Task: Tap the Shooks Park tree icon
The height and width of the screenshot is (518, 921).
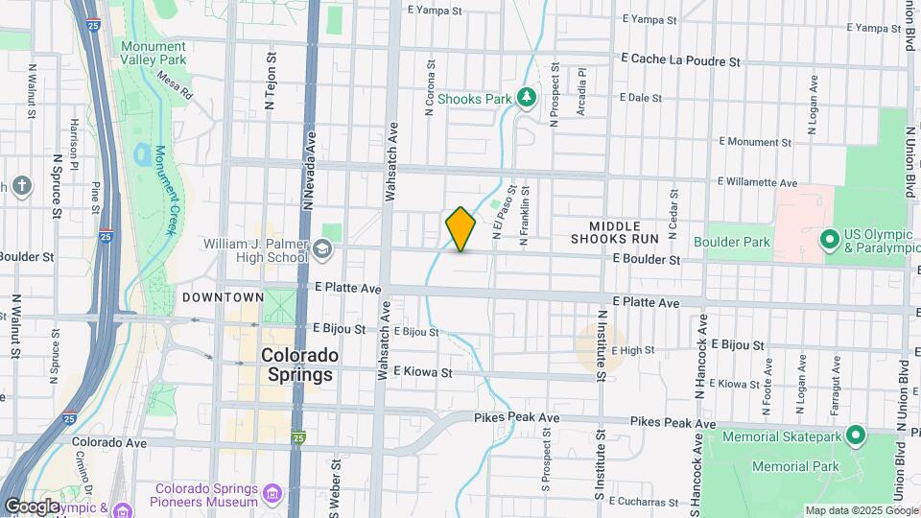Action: point(525,97)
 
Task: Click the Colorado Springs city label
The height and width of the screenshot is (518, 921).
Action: point(299,365)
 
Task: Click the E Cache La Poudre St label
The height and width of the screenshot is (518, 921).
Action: point(681,60)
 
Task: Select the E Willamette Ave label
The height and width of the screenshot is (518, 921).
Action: point(757,182)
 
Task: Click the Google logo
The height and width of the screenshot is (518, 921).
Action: point(33,506)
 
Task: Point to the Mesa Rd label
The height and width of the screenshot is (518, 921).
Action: point(175,85)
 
